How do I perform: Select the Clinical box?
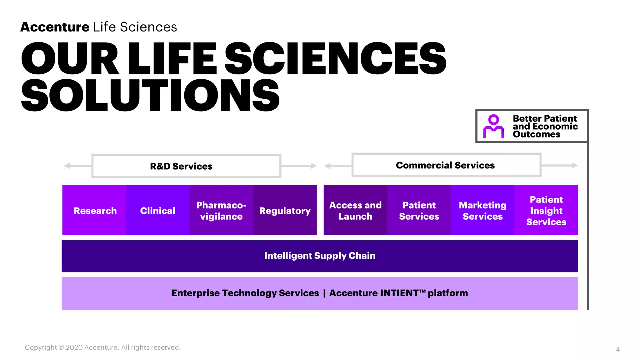(x=158, y=210)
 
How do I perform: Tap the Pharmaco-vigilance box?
(x=221, y=210)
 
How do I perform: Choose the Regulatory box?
(x=285, y=210)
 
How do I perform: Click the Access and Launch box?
(x=355, y=210)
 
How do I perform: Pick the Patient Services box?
(x=419, y=210)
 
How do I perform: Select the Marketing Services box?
(x=482, y=210)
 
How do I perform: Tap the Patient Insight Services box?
(x=546, y=210)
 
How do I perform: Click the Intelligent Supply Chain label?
(x=320, y=256)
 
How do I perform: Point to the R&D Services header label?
(x=181, y=166)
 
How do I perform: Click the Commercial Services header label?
(x=445, y=165)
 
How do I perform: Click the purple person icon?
(x=493, y=126)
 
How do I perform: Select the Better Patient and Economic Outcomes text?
(x=545, y=126)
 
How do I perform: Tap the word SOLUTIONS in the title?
(x=150, y=95)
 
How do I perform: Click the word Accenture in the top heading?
(x=55, y=27)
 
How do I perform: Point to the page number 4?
(x=617, y=349)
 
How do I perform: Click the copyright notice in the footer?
(x=103, y=347)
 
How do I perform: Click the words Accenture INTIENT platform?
(x=398, y=293)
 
